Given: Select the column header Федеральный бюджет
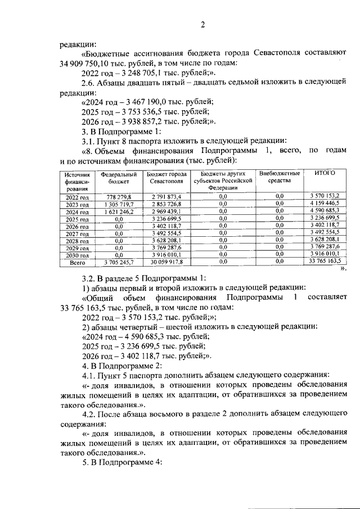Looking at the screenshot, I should tap(119, 178).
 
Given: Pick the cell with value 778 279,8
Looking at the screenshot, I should tap(118, 196).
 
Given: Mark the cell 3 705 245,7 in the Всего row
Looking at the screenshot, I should tap(118, 262).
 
